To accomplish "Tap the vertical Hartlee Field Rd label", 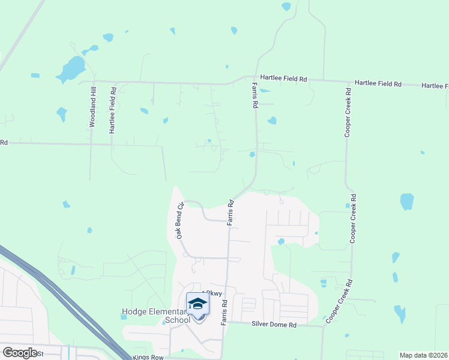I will (112, 109).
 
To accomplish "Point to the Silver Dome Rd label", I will (274, 325).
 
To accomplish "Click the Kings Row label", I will (148, 357).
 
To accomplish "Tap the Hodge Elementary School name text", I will (156, 316).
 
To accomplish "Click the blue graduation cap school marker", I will (197, 305).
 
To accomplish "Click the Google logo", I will (20, 353).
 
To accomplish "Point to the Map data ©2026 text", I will (423, 355).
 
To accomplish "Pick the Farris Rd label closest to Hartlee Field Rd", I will (255, 96).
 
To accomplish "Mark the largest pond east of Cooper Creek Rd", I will (406, 201).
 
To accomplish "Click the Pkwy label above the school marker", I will (213, 293).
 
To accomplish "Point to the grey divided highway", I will (60, 294).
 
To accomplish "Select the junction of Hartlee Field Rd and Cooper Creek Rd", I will (346, 82).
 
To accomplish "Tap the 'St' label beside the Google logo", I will (40, 353).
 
